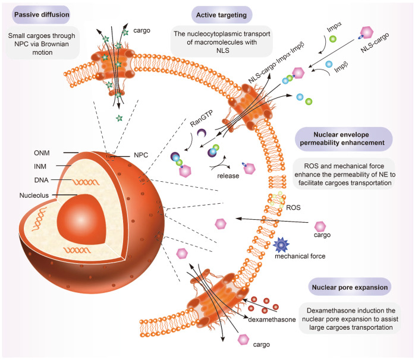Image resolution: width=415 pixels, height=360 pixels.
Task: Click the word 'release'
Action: [225, 176]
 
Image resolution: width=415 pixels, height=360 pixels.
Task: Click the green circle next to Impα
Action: [334, 42]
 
